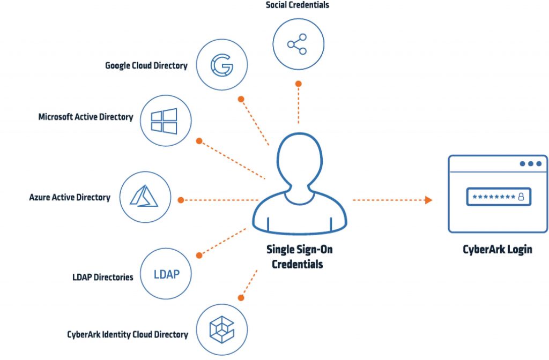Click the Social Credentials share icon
pyautogui.click(x=298, y=45)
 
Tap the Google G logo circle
pyautogui.click(x=221, y=65)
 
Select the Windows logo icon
pyautogui.click(x=164, y=121)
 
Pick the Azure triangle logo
pyautogui.click(x=145, y=198)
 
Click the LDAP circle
pyautogui.click(x=166, y=274)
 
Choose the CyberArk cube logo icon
pyautogui.click(x=222, y=329)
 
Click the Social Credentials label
pyautogui.click(x=297, y=5)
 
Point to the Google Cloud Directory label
pyautogui.click(x=146, y=66)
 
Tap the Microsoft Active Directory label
pyautogui.click(x=86, y=117)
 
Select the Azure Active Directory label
pyautogui.click(x=70, y=198)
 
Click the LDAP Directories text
pyautogui.click(x=103, y=277)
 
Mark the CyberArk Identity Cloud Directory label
pyautogui.click(x=128, y=335)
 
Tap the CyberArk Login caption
pyautogui.click(x=497, y=250)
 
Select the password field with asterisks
pyautogui.click(x=498, y=197)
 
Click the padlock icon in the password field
pyautogui.click(x=520, y=197)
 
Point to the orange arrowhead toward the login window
pyautogui.click(x=428, y=200)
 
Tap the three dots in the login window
pyautogui.click(x=530, y=164)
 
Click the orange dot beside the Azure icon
pyautogui.click(x=181, y=200)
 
